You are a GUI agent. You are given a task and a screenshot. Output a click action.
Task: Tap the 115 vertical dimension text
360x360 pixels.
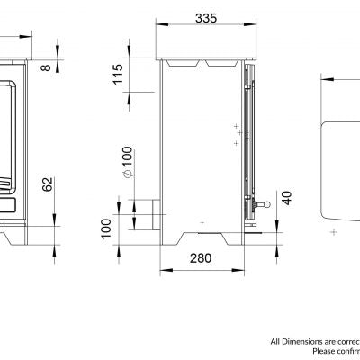pos(118,76)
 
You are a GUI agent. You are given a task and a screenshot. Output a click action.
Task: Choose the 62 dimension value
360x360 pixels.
pos(48,186)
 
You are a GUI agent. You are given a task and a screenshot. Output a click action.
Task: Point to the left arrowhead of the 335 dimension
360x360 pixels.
pos(160,28)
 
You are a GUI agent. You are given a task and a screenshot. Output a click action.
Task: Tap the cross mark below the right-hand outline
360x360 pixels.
pos(334,232)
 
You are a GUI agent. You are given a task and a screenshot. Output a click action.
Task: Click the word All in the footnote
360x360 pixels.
pos(276,341)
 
